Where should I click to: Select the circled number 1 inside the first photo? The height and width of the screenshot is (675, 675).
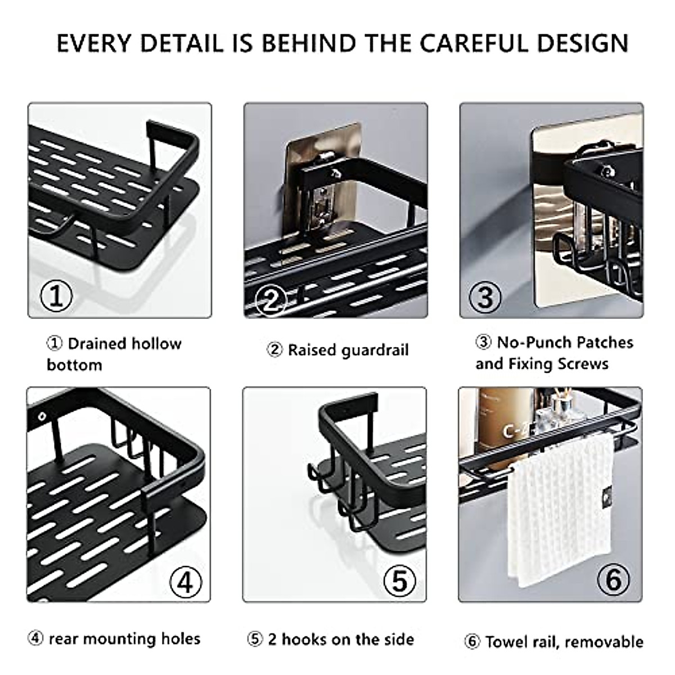56,295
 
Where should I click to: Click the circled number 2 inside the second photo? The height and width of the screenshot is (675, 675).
271,299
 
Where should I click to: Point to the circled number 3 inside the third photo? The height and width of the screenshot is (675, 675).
485,297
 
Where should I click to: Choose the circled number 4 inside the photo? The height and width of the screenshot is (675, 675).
185,582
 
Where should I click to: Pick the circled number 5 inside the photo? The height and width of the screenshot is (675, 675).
399,580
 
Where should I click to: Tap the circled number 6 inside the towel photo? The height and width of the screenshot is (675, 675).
614,579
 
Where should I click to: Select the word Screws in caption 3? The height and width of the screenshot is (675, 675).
582,364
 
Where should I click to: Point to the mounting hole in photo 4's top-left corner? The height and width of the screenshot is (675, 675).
42,417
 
